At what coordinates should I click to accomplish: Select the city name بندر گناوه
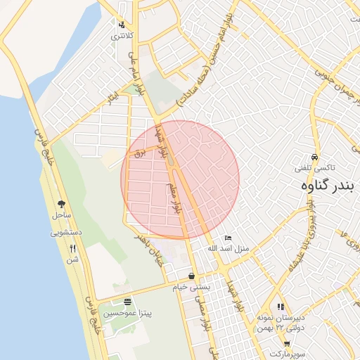point(325,186)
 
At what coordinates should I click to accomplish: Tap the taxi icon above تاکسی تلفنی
point(314,157)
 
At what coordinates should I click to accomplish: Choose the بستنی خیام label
point(192,287)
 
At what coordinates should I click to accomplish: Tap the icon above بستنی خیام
point(192,276)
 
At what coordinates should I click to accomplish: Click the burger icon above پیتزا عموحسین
point(127,301)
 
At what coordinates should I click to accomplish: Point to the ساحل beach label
point(61,214)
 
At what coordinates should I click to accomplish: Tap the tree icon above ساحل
point(61,203)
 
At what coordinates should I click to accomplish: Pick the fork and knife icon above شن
point(72,248)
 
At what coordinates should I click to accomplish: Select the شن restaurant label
point(72,259)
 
